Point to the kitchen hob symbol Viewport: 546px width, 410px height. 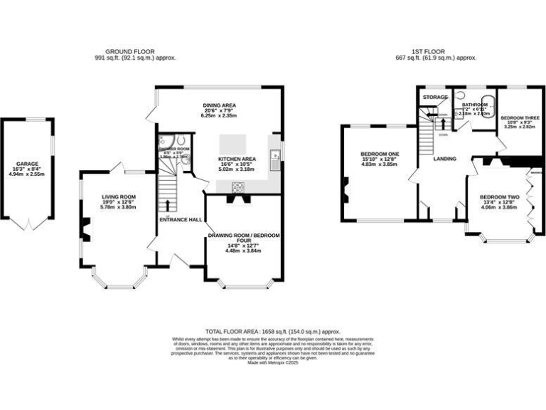(238, 188)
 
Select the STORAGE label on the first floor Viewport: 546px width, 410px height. (435, 97)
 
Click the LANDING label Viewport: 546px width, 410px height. (444, 159)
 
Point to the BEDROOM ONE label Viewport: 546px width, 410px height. (380, 154)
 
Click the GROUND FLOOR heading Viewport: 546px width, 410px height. (140, 52)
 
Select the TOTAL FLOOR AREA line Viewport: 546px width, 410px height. (273, 332)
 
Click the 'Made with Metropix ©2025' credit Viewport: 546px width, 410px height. (273, 363)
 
